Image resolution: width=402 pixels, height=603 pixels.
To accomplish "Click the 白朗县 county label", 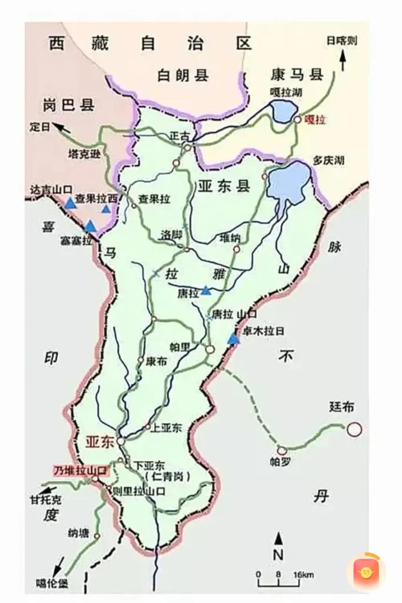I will pyautogui.click(x=183, y=76).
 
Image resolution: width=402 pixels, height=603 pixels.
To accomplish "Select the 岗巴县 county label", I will pyautogui.click(x=68, y=105).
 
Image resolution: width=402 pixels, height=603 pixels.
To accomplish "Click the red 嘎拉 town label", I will pyautogui.click(x=315, y=120).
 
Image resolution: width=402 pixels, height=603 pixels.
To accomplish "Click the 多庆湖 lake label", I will pyautogui.click(x=328, y=161).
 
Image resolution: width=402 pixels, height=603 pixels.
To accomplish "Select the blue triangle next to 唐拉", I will pyautogui.click(x=205, y=291).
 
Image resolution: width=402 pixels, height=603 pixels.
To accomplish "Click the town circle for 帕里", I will pyautogui.click(x=210, y=349).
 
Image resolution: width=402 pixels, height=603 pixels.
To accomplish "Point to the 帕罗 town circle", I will pyautogui.click(x=282, y=450).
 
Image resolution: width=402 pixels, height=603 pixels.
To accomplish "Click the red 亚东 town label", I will pyautogui.click(x=99, y=442).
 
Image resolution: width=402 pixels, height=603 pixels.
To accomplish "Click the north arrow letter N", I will pyautogui.click(x=278, y=554).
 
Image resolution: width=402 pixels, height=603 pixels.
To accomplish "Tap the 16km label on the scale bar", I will pyautogui.click(x=303, y=575).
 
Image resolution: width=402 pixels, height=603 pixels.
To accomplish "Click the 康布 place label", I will pyautogui.click(x=156, y=361).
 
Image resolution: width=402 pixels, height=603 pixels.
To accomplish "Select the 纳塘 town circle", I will pyautogui.click(x=97, y=536).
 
